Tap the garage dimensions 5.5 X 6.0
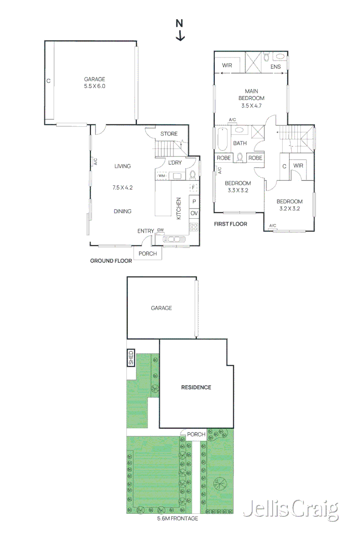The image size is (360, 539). tap(95, 86)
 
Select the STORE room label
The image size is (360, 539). tap(169, 134)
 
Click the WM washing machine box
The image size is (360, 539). tap(162, 175)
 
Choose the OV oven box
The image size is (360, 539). tap(194, 214)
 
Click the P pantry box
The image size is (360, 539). tap(194, 201)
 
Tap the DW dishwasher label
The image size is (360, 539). tap(160, 230)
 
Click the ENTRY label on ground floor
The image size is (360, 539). tap(146, 231)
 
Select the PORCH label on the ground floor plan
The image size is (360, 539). tap(148, 254)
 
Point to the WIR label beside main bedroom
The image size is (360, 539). tap(227, 65)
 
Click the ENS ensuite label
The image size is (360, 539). tap(275, 67)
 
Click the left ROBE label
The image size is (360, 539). tap(224, 158)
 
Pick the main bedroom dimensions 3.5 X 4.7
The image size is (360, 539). tap(252, 106)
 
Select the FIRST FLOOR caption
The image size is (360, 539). tap(231, 224)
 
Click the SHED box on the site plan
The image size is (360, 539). tap(131, 358)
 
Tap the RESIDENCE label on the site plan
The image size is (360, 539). tap(196, 387)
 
